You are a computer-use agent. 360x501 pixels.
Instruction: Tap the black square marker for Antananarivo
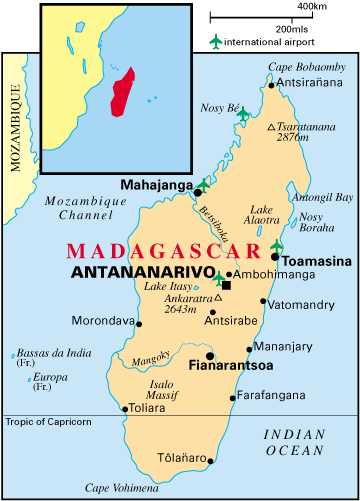tap(227, 286)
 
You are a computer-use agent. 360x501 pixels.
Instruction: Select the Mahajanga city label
tap(155, 184)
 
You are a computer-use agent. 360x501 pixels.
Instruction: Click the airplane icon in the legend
tap(214, 41)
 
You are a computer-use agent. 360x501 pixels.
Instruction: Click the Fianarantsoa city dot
tap(210, 355)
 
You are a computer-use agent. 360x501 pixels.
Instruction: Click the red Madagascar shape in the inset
tap(124, 91)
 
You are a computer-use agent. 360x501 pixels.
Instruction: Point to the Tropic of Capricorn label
tap(47, 422)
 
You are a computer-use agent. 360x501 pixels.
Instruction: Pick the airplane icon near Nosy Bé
tap(243, 113)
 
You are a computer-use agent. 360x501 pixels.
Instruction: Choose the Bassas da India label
tap(52, 355)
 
